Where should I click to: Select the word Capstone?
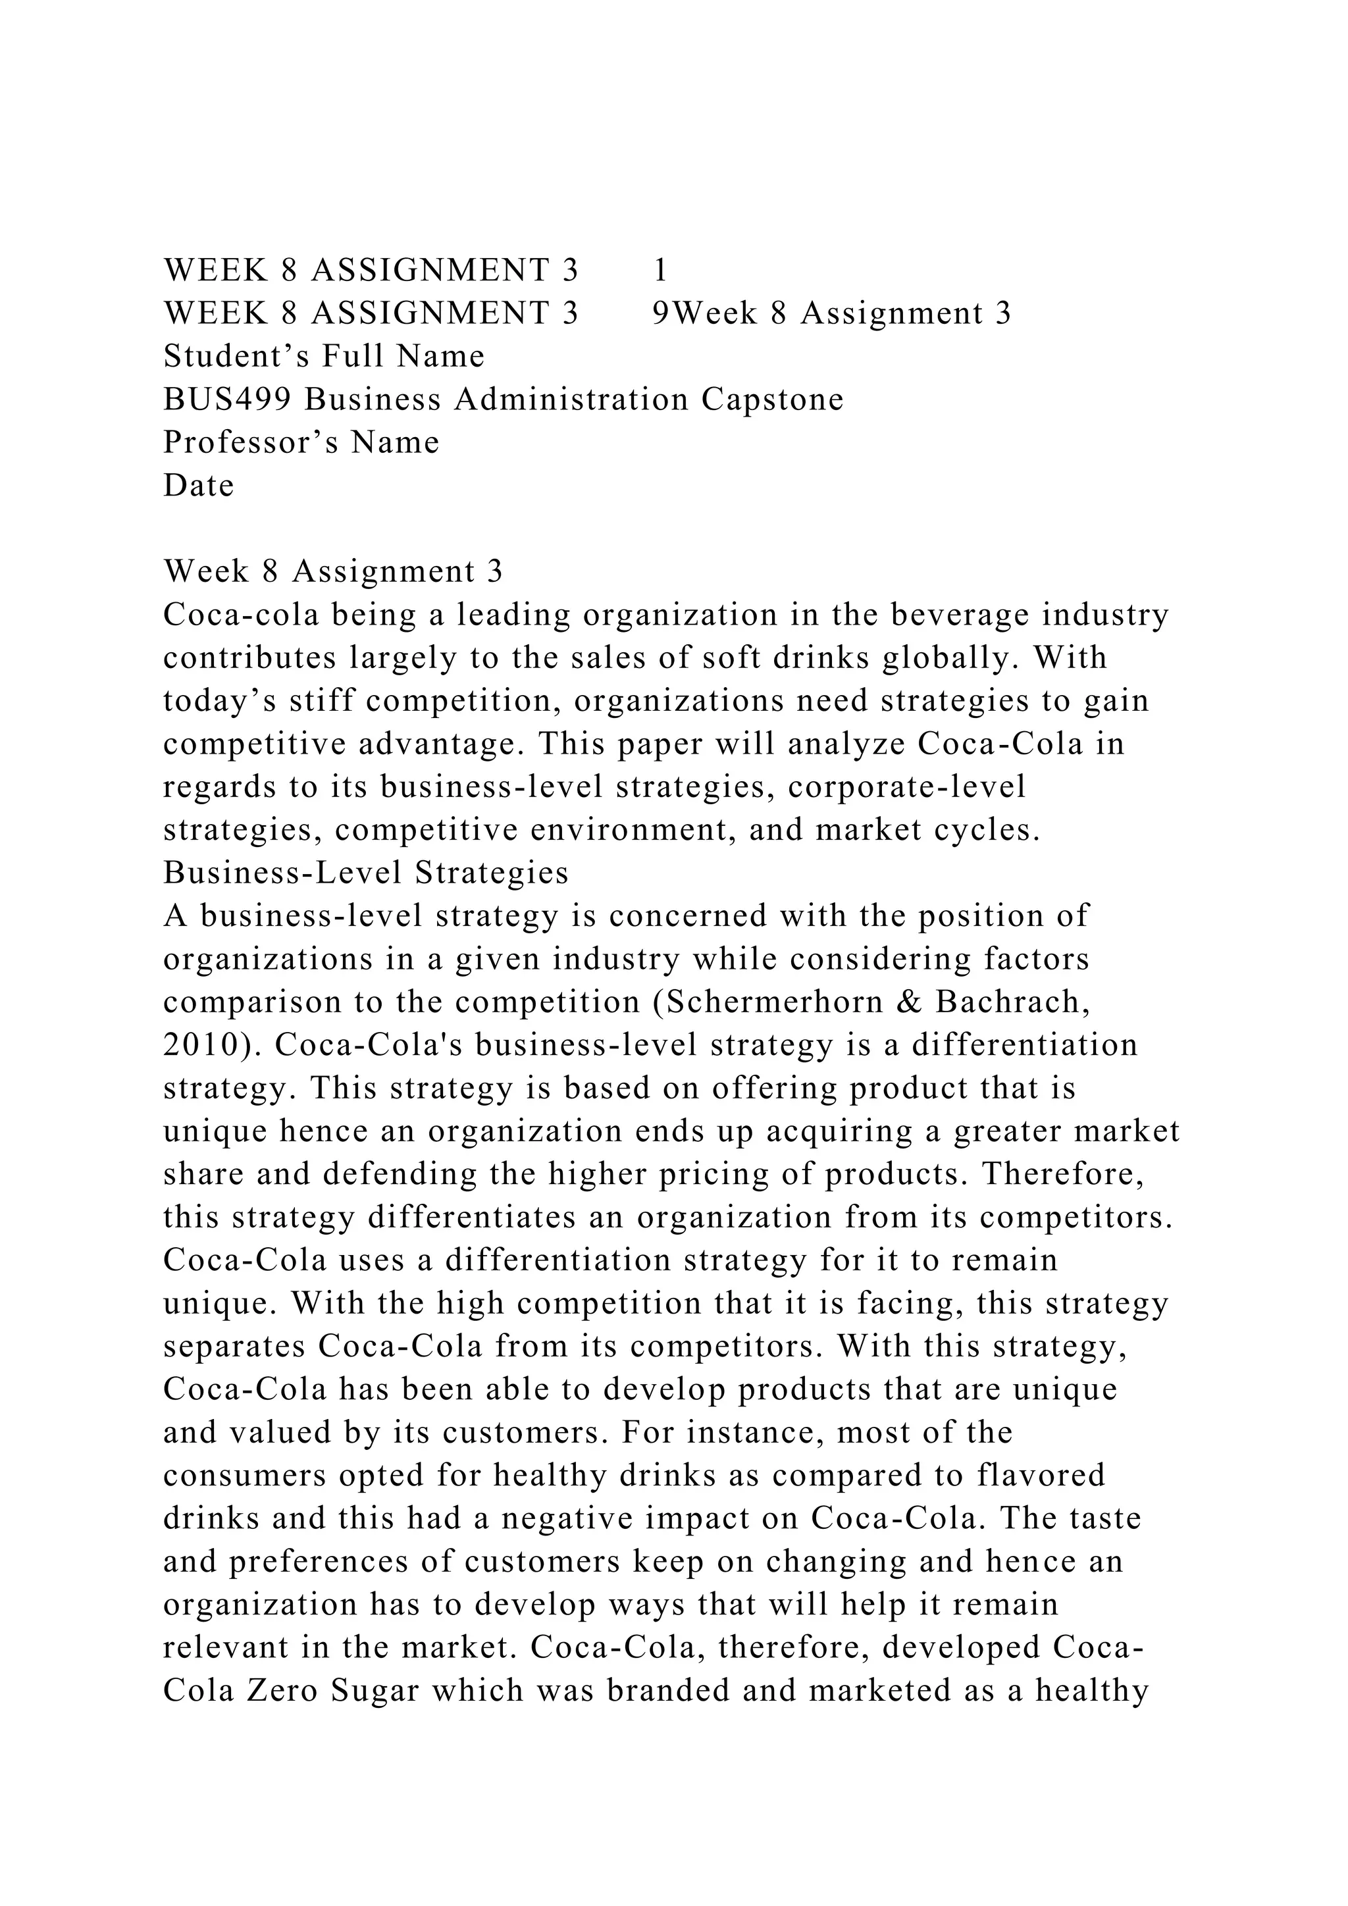(x=772, y=400)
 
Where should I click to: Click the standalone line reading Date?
(x=198, y=486)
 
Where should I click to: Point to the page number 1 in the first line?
(x=661, y=270)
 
